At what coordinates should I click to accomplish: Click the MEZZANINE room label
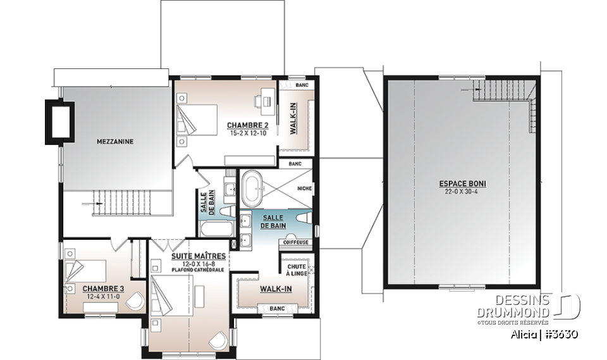coord(114,142)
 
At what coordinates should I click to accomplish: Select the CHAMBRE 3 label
coord(104,289)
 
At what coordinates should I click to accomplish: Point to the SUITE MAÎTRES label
coord(199,256)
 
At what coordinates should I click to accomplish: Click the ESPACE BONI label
coord(467,184)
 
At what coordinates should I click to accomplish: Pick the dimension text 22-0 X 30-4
coord(467,192)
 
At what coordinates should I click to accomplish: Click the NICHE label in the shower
coord(305,188)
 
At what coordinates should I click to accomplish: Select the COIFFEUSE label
coord(296,241)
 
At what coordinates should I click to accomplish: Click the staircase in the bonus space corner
coord(506,95)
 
